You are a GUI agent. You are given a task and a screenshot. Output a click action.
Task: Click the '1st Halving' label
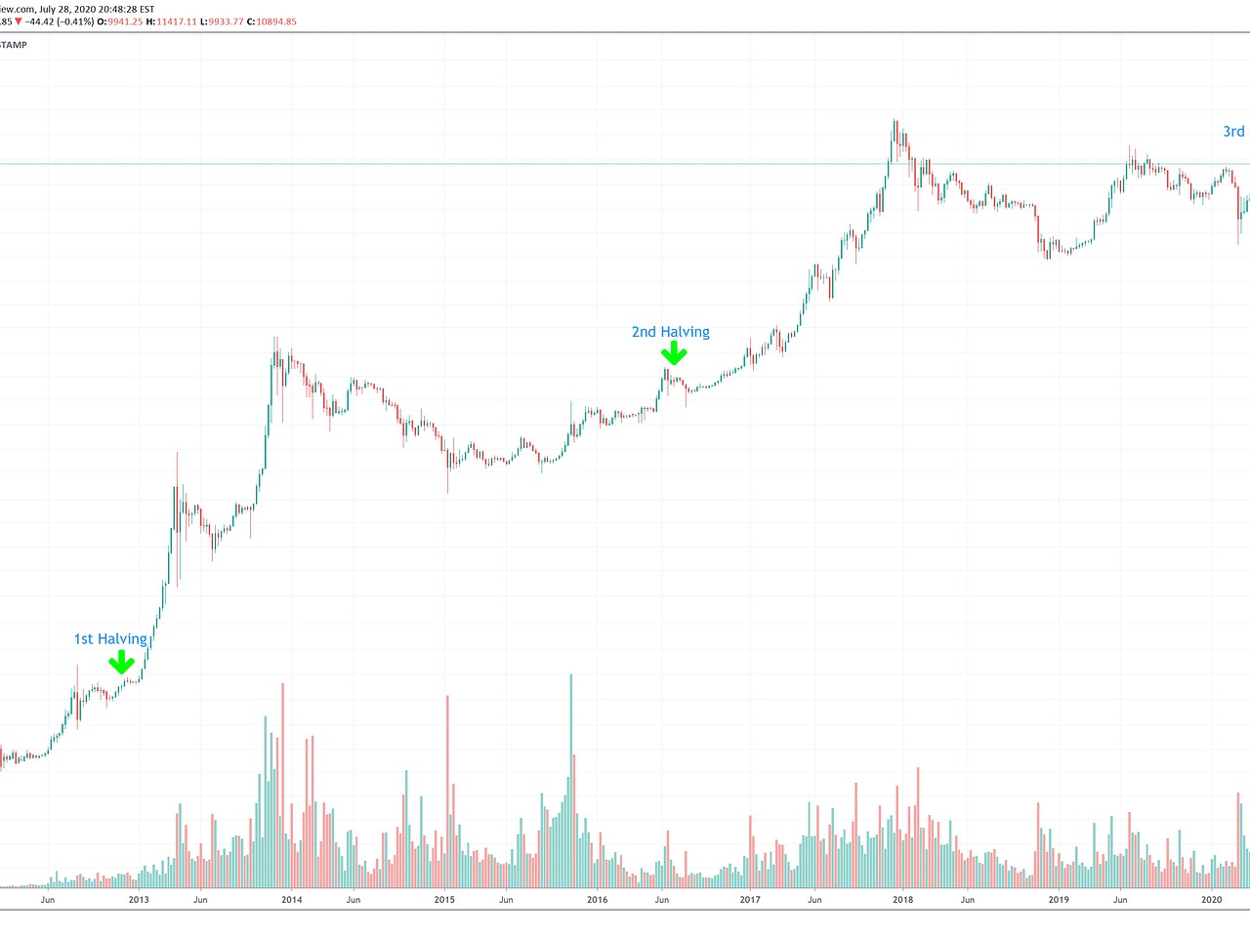110,639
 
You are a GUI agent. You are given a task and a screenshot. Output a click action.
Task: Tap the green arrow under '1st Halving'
121,664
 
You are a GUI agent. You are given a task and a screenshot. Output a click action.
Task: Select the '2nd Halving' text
670,332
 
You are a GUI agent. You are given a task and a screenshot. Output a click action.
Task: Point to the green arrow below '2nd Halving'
673,353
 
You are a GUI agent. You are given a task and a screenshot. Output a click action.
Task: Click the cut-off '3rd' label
1233,132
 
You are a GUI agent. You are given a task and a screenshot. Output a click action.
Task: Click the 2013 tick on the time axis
139,900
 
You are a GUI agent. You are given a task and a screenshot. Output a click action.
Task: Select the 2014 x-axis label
291,900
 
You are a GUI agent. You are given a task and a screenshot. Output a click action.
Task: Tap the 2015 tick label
444,900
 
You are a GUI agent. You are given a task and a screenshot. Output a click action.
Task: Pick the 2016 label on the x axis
597,900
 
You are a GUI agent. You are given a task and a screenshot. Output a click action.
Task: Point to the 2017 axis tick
749,900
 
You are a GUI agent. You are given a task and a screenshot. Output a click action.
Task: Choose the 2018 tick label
902,900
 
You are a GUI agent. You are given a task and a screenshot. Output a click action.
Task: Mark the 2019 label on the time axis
1058,900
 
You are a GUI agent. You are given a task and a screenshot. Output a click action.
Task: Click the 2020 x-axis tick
1211,900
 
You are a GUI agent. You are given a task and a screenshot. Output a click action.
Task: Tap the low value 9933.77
230,21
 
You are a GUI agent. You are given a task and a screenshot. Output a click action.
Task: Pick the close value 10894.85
276,21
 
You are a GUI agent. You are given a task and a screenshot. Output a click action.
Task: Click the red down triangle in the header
19,21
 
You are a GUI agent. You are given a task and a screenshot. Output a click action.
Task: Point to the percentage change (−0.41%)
75,21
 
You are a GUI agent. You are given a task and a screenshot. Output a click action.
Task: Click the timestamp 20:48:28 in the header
117,9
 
